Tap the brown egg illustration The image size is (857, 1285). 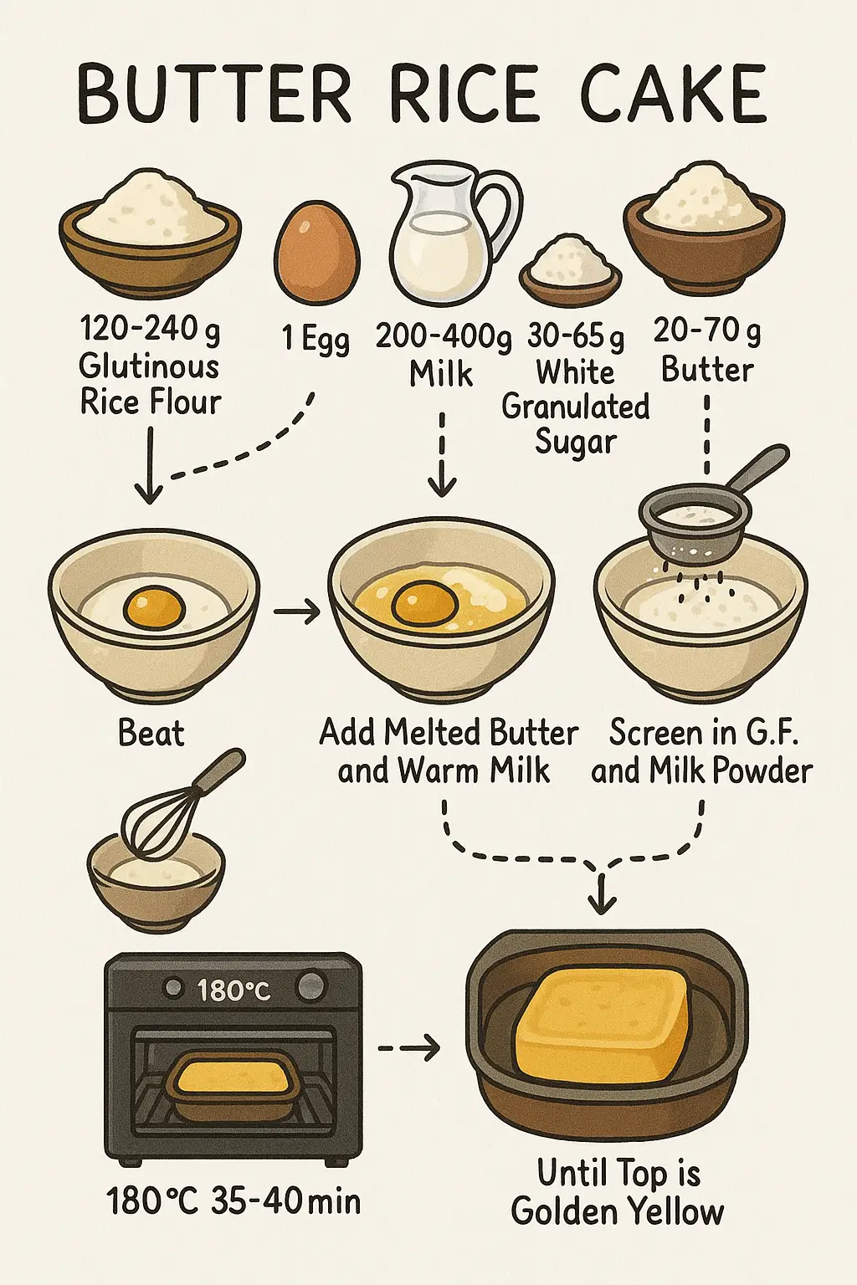pos(317,253)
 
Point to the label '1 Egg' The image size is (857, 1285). pos(316,339)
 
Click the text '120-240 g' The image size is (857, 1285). pos(151,330)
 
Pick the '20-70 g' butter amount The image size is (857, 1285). pos(707,331)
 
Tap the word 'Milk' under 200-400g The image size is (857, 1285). pos(441,373)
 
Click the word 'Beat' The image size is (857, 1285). pos(151,733)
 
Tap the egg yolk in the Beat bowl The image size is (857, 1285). pos(154,608)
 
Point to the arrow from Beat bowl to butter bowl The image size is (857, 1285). pos(297,613)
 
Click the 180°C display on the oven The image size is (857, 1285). pos(233,991)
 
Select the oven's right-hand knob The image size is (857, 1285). pos(311,986)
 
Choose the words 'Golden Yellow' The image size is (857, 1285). pos(618,1211)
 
